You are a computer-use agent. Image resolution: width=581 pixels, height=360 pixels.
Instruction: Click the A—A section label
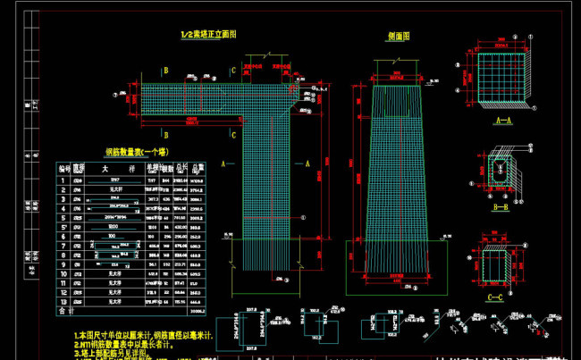point(503,119)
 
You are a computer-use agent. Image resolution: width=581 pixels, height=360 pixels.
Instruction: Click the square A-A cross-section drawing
point(503,81)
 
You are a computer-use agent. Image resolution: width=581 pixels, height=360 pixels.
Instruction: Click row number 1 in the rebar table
point(63,180)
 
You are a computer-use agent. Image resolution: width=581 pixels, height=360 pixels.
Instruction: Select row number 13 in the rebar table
point(63,302)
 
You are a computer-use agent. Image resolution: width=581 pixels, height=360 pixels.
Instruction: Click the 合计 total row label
point(64,312)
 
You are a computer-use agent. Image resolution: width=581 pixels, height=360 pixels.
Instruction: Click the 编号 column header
point(63,167)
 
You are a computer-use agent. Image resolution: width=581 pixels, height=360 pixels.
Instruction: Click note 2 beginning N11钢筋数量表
point(134,344)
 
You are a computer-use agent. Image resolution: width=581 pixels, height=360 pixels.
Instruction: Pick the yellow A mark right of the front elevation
point(307,163)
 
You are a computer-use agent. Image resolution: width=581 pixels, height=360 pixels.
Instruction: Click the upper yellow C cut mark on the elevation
point(233,70)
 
